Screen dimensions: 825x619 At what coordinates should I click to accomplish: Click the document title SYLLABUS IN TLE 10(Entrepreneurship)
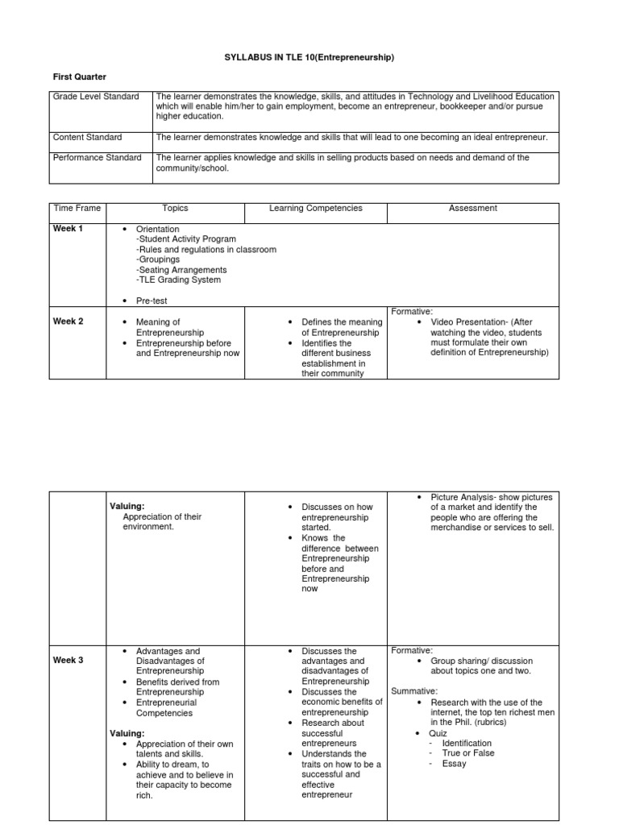click(x=309, y=57)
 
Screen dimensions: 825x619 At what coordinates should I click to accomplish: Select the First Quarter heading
click(x=80, y=77)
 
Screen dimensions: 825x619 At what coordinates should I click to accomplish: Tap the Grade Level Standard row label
click(x=96, y=97)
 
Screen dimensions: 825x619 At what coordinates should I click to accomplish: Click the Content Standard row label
click(x=88, y=138)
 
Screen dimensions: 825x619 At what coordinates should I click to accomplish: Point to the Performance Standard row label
click(x=97, y=158)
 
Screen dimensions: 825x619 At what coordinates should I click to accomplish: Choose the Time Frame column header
click(x=77, y=209)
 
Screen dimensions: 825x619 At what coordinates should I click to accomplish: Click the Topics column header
click(x=175, y=209)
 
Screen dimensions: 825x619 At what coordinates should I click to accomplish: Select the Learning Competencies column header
click(x=316, y=209)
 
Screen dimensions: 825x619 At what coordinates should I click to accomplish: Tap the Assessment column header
click(x=473, y=209)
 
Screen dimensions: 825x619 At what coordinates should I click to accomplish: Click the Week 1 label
click(x=68, y=229)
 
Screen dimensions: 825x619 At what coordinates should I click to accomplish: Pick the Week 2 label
click(x=68, y=321)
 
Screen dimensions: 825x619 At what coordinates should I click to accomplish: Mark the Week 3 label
click(x=68, y=661)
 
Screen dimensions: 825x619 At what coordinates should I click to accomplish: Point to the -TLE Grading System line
click(x=178, y=280)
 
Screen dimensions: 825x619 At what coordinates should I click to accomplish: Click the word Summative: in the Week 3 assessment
click(x=415, y=691)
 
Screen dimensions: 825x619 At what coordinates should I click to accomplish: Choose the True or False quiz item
click(x=468, y=753)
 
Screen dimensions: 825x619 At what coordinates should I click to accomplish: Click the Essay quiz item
click(x=455, y=764)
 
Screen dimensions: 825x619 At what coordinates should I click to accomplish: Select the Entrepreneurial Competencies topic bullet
click(x=165, y=707)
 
